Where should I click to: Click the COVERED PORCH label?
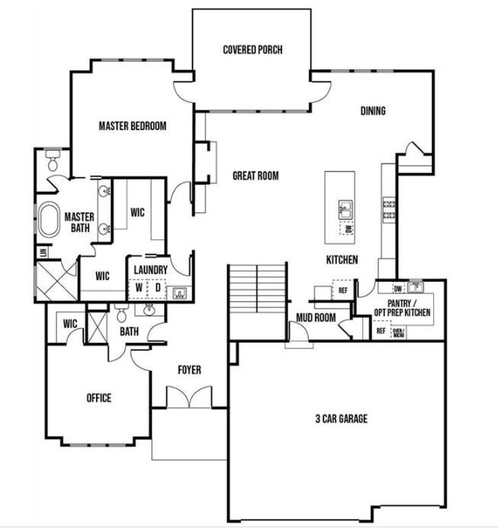[252, 50]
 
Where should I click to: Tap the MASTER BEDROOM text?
[132, 126]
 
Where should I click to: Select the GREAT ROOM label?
[255, 176]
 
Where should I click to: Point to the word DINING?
[373, 111]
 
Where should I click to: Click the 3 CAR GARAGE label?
[341, 418]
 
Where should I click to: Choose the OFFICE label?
[98, 398]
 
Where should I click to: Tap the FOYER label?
[189, 370]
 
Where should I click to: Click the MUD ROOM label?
[316, 318]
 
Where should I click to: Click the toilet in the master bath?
[53, 162]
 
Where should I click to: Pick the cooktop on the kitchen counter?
[389, 210]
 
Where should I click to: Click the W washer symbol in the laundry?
[139, 288]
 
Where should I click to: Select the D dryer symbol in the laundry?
[158, 288]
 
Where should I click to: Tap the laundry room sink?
[181, 292]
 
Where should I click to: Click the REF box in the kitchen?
[342, 290]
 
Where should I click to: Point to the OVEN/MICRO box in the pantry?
[397, 332]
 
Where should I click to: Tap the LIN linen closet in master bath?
[43, 252]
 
